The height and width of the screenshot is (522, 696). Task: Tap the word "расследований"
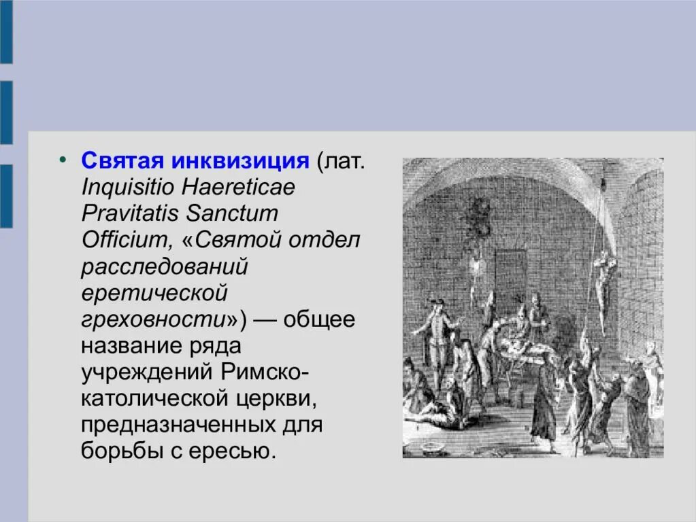point(164,266)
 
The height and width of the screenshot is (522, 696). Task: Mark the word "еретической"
point(153,292)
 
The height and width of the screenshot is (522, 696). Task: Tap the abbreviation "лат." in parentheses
point(344,161)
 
